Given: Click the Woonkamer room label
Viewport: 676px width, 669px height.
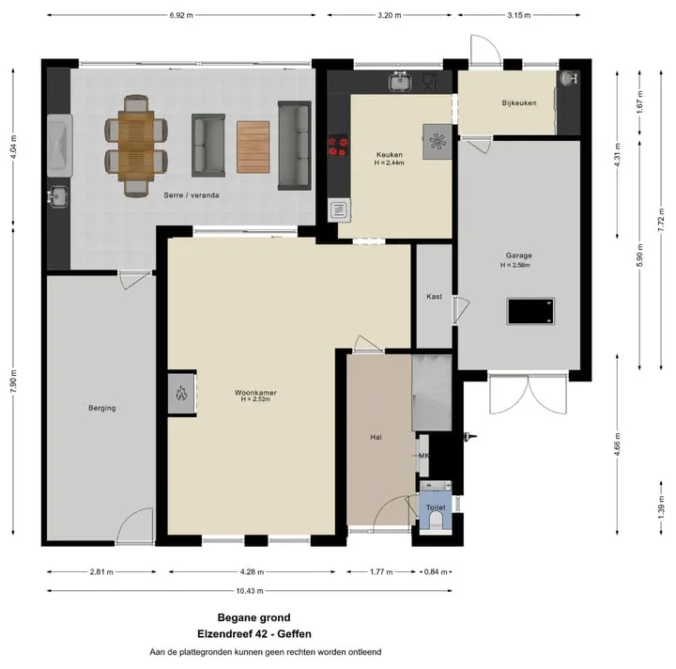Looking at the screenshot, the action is [255, 393].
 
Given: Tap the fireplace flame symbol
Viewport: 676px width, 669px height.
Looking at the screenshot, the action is [181, 393].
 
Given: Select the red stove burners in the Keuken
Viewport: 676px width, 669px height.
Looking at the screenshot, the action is [338, 146].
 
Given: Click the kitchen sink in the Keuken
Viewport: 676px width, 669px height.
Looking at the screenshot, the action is [400, 82].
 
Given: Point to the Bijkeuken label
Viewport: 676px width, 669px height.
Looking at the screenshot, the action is [519, 103].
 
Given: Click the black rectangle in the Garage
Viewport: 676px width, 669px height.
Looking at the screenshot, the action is [530, 311].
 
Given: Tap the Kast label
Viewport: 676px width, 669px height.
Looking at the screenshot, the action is [434, 296].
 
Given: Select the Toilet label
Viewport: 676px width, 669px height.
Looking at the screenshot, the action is [436, 507].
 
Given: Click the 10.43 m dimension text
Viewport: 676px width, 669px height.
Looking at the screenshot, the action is [250, 591].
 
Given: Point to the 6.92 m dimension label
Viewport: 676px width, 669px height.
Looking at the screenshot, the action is [181, 15].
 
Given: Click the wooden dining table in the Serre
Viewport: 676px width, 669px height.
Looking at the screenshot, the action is [136, 146].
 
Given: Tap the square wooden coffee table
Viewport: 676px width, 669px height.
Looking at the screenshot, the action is [253, 148].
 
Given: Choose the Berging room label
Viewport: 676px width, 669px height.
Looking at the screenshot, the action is [102, 408].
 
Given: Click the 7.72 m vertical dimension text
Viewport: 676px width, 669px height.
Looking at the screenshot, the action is [661, 220].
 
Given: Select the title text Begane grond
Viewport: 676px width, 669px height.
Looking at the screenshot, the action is [253, 617].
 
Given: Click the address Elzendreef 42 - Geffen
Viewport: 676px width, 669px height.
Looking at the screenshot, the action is [254, 634].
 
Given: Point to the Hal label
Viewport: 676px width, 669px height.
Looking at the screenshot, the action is [376, 437].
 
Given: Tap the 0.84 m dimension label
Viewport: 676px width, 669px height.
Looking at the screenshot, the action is [436, 572].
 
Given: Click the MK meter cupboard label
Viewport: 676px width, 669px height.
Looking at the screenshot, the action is [423, 456].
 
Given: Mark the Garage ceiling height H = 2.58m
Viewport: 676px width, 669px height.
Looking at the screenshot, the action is [515, 265].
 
